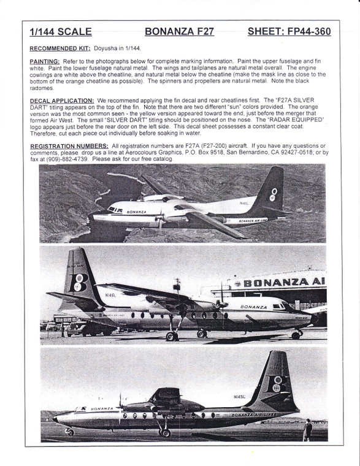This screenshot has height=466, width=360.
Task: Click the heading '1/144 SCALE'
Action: click(61, 31)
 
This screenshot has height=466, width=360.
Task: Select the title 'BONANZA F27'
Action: click(179, 31)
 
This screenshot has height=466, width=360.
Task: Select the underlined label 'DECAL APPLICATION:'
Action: click(61, 101)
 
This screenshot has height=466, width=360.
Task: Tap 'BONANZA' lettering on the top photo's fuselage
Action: click(136, 212)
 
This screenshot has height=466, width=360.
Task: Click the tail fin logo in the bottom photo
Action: click(277, 383)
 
